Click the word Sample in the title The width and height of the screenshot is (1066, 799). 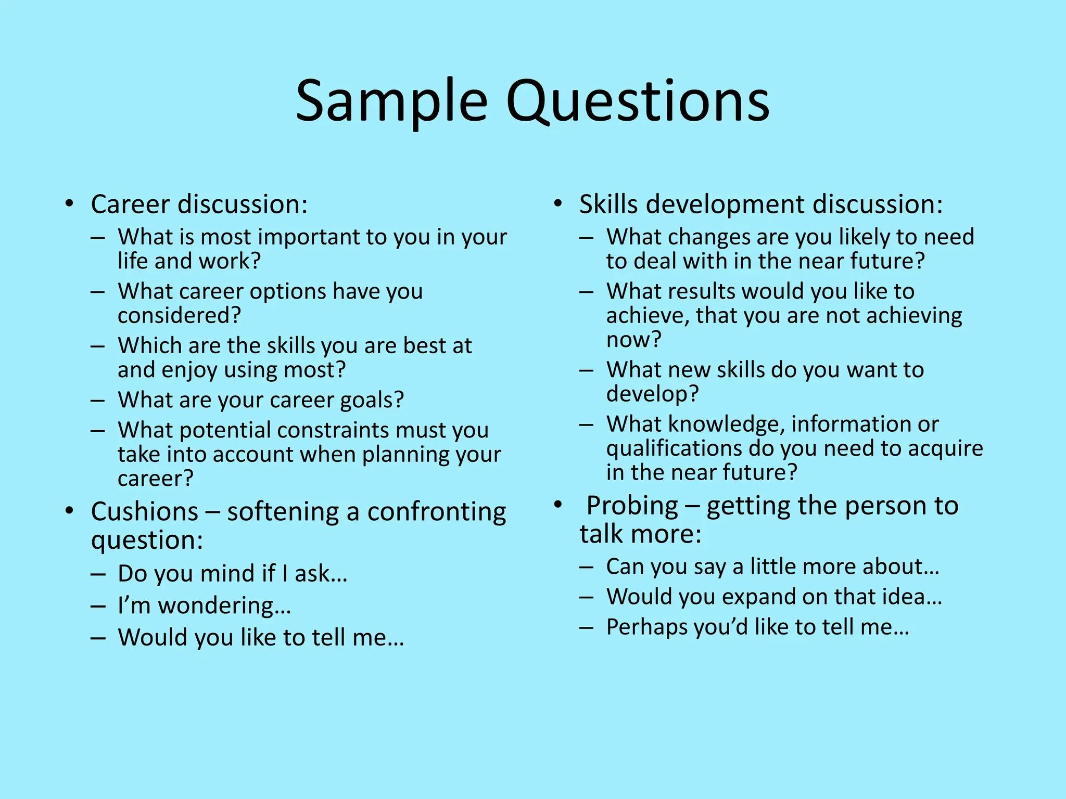pyautogui.click(x=391, y=101)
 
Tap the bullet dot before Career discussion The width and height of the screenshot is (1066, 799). pyautogui.click(x=69, y=203)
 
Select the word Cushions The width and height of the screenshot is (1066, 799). pyautogui.click(x=144, y=512)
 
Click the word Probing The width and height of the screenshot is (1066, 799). pyautogui.click(x=632, y=506)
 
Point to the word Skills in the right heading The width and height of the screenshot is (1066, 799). pyautogui.click(x=608, y=204)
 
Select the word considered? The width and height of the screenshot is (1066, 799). pyautogui.click(x=179, y=316)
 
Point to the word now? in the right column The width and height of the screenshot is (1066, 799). pyautogui.click(x=633, y=340)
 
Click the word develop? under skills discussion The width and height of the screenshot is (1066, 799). pyautogui.click(x=652, y=394)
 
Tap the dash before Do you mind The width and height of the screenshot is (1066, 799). pyautogui.click(x=98, y=574)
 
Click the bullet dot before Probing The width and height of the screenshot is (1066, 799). pyautogui.click(x=558, y=505)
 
